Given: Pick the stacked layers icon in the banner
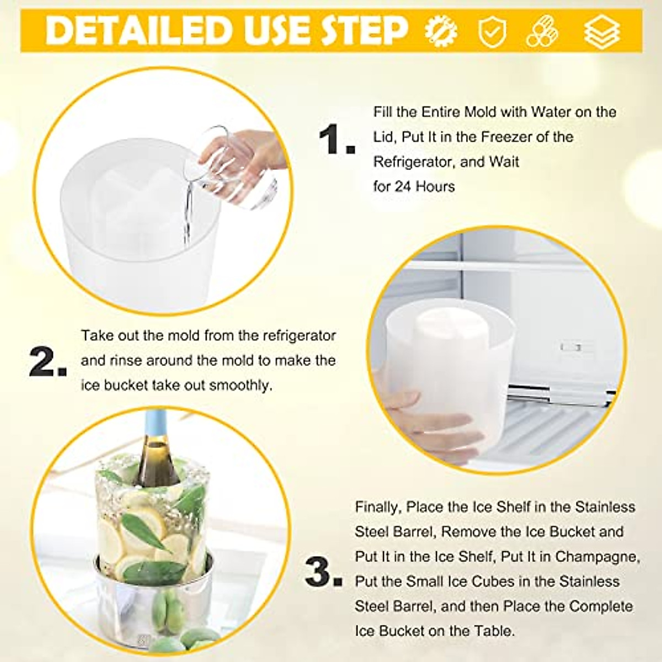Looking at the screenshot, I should click(602, 31).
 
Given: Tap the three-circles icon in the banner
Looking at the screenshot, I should click(542, 31).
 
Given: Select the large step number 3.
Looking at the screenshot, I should click(323, 574).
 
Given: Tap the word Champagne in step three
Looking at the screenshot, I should click(597, 557).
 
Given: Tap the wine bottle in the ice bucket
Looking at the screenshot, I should click(156, 458).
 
